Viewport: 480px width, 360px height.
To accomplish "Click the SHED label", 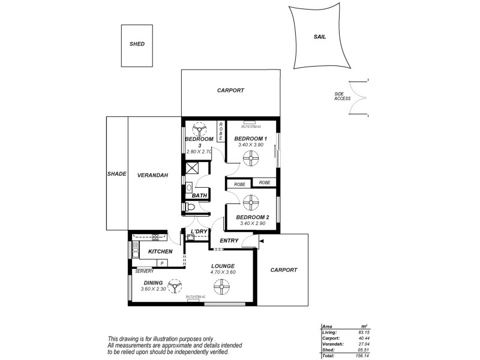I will pyautogui.click(x=137, y=44).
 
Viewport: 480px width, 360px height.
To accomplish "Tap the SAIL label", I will pyautogui.click(x=319, y=37).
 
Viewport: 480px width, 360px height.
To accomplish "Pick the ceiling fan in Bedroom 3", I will pyautogui.click(x=199, y=130).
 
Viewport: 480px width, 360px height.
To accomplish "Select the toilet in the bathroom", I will pyautogui.click(x=190, y=207).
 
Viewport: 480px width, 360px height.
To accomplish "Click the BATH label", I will pyautogui.click(x=199, y=196).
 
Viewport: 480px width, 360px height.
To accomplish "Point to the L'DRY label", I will pyautogui.click(x=199, y=232).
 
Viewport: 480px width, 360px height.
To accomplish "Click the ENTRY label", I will pyautogui.click(x=229, y=241).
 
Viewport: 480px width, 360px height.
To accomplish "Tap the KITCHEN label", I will pyautogui.click(x=160, y=251).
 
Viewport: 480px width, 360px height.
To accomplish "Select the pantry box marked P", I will pyautogui.click(x=161, y=263).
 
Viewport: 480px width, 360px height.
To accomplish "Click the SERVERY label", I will pyautogui.click(x=144, y=271).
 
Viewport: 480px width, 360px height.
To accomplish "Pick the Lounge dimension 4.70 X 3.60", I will pyautogui.click(x=222, y=273).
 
